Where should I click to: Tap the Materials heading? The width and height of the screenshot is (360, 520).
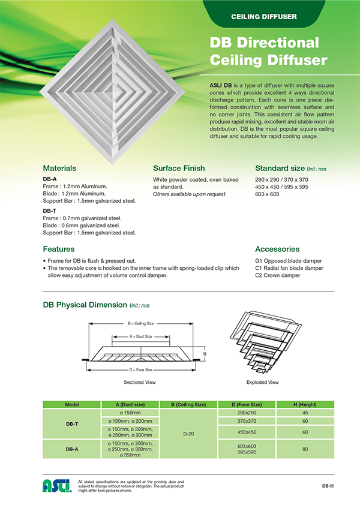click(x=59, y=169)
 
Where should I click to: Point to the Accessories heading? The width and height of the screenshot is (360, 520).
click(x=277, y=249)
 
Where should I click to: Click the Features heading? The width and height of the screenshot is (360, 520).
click(x=59, y=249)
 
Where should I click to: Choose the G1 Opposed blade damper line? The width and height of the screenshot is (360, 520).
click(x=289, y=261)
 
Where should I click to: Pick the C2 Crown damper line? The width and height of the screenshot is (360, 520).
click(x=277, y=275)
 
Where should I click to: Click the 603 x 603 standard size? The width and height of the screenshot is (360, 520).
click(x=267, y=194)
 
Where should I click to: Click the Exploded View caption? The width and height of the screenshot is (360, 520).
click(x=262, y=382)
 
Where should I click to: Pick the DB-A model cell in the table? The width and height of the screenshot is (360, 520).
click(x=72, y=448)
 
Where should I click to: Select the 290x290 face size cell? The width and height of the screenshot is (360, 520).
click(x=247, y=413)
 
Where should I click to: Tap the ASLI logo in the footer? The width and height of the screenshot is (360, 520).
click(x=57, y=486)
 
